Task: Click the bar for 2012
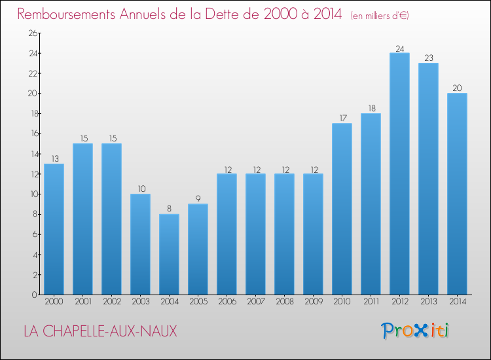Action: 399,173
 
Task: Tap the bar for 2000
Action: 54,229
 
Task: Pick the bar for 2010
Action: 342,209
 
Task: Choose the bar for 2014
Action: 457,194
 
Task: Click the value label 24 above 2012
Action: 399,48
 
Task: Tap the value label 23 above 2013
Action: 428,58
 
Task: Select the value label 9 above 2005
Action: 198,199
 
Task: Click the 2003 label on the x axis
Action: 140,302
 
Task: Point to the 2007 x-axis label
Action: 255,302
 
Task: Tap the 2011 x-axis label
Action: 371,302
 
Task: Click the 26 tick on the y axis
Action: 30,33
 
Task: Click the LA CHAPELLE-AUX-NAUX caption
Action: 100,331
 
